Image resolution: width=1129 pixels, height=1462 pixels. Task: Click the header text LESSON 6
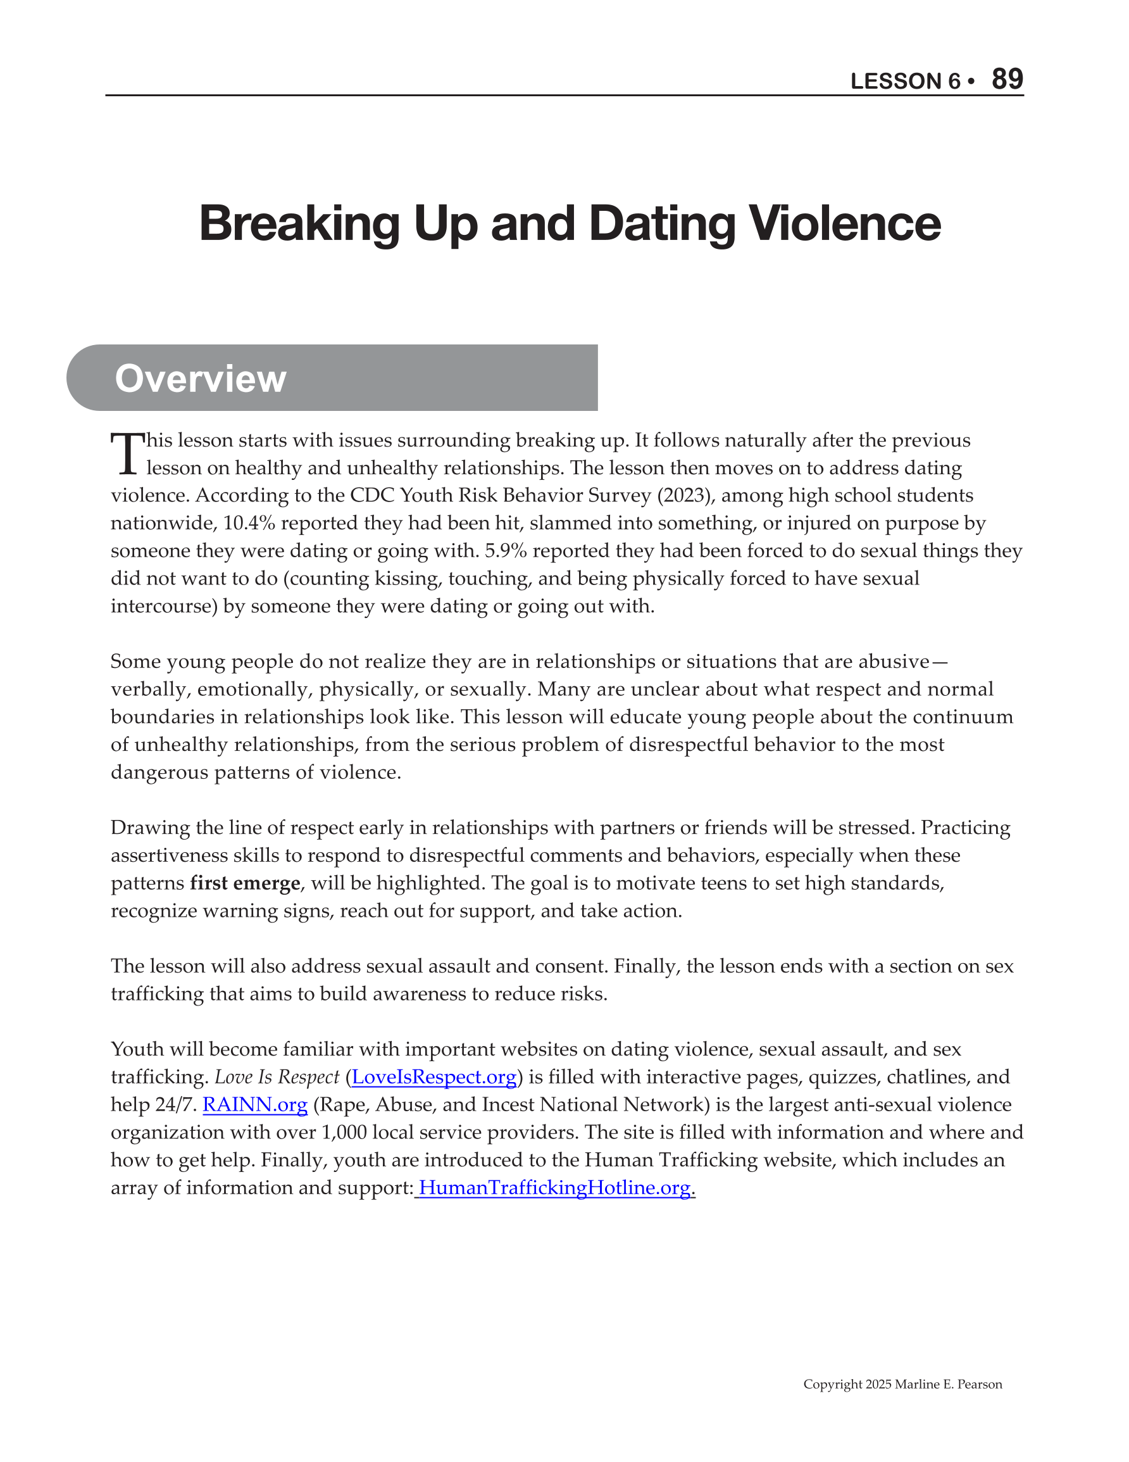[x=905, y=81]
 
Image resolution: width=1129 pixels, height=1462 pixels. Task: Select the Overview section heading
[x=200, y=378]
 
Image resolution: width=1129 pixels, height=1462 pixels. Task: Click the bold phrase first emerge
[x=245, y=884]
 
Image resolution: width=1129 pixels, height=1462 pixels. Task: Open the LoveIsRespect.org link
[x=434, y=1077]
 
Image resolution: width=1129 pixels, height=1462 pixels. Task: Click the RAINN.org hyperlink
[x=255, y=1104]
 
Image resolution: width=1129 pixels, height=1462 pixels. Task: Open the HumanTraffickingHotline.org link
[x=554, y=1188]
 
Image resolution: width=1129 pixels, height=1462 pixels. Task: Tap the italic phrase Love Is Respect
[x=277, y=1077]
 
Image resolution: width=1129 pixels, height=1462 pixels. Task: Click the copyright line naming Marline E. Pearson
[x=902, y=1383]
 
